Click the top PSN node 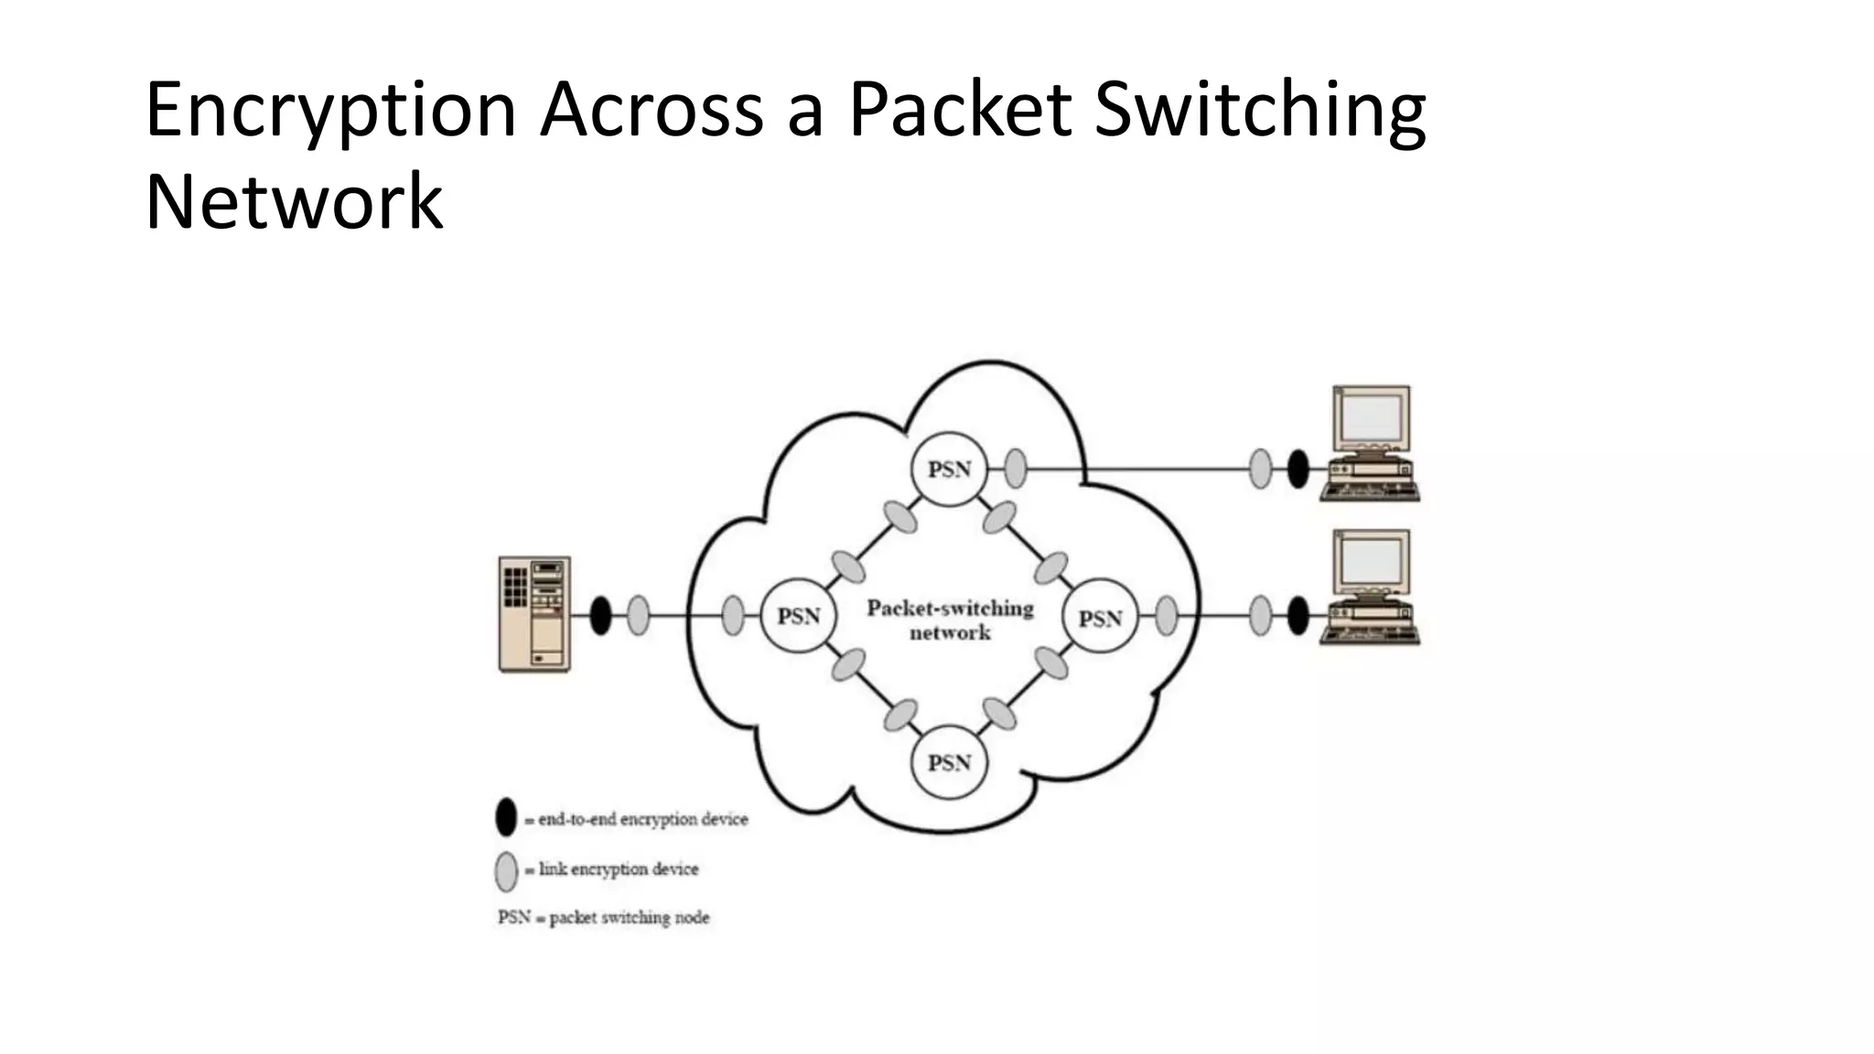[x=949, y=469]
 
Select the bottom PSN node [x=949, y=762]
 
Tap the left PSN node [x=798, y=616]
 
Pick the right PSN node [x=1099, y=618]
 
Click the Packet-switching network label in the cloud [x=950, y=620]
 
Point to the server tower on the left [x=534, y=614]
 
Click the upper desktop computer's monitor [x=1371, y=416]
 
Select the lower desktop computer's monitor [x=1371, y=562]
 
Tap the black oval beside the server [x=600, y=615]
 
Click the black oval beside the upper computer [x=1298, y=468]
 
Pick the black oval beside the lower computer [x=1298, y=615]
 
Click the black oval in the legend [x=506, y=817]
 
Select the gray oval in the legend [x=506, y=871]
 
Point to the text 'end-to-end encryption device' [x=642, y=820]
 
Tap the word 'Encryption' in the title [x=330, y=111]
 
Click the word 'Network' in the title [x=294, y=202]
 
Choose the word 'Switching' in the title [x=1259, y=111]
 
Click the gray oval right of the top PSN [x=1015, y=468]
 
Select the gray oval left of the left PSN [x=733, y=616]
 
